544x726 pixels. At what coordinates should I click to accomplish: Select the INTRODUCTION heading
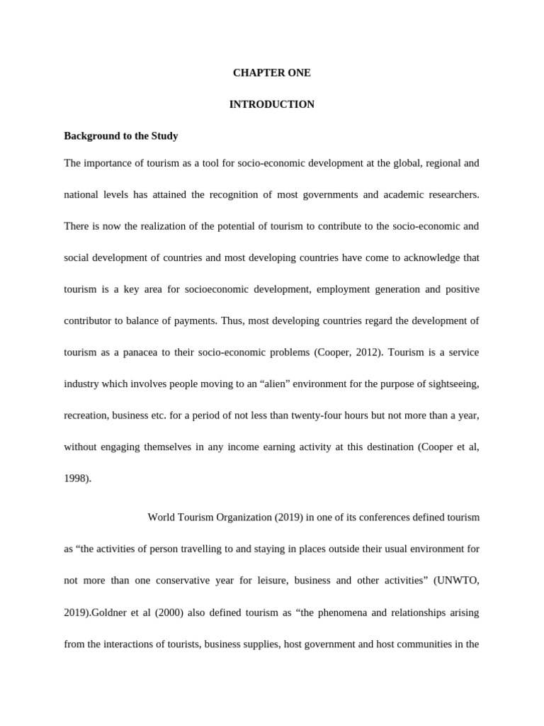click(x=272, y=104)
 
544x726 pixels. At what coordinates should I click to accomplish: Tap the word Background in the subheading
click(x=89, y=135)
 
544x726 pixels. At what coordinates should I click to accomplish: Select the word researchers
click(x=449, y=194)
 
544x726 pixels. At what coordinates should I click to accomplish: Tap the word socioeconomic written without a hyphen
click(x=203, y=289)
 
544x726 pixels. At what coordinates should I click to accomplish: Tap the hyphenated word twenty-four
click(x=302, y=415)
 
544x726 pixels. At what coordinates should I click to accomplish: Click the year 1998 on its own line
click(x=76, y=479)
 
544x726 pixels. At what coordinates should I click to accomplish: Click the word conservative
click(x=194, y=581)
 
